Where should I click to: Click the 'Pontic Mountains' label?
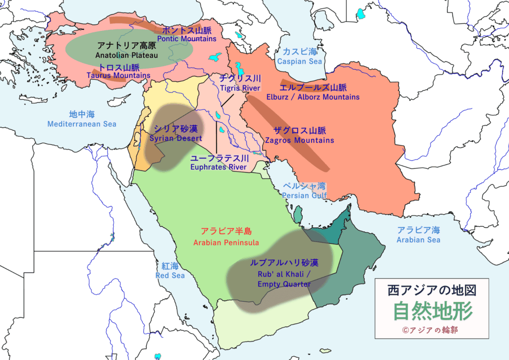pos(186,39)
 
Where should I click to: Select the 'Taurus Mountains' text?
pos(118,76)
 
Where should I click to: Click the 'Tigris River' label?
pos(240,89)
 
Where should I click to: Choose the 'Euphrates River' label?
pos(218,168)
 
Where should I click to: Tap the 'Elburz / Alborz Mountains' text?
pos(313,97)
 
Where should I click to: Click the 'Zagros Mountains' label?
pos(299,141)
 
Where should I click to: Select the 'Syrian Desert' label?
pos(176,138)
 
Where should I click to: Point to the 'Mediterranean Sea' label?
pos(82,124)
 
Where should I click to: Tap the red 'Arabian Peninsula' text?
pos(226,243)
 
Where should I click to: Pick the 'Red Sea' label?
pos(170,275)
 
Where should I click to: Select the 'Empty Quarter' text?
pos(284,284)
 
